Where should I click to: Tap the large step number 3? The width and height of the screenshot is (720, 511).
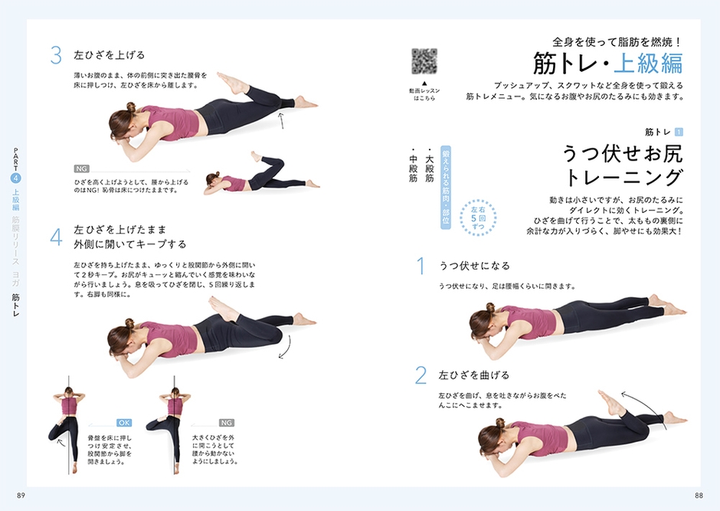tap(55, 55)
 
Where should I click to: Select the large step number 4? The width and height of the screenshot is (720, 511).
tap(55, 237)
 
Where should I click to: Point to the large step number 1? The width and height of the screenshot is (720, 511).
tap(420, 266)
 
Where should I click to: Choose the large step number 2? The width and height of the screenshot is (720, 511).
tap(420, 375)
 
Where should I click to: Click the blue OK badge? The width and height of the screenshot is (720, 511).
tap(125, 422)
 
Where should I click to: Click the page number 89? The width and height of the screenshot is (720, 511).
tap(21, 496)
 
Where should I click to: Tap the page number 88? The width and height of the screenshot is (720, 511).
tap(699, 496)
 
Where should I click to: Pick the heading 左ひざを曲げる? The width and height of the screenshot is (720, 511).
tap(473, 375)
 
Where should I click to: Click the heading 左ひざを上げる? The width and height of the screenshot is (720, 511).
tap(109, 55)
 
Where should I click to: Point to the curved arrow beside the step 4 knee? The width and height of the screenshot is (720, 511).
tap(285, 349)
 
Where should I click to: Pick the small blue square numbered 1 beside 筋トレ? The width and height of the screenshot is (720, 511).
tap(678, 132)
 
